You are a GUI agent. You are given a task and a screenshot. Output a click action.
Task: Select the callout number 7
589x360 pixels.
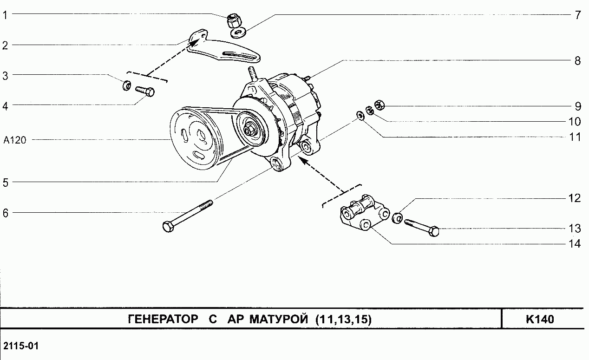(x=577, y=15)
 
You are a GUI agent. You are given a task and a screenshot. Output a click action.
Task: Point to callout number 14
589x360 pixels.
(x=575, y=244)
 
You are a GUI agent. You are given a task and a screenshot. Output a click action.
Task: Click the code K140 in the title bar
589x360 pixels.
(x=540, y=320)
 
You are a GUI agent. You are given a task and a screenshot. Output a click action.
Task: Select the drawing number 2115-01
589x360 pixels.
(x=21, y=347)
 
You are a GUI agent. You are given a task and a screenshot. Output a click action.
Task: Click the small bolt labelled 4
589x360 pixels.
(x=144, y=91)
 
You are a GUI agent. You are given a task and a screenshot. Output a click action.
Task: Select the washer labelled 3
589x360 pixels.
(x=126, y=86)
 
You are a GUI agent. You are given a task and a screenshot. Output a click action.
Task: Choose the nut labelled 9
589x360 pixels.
(x=379, y=105)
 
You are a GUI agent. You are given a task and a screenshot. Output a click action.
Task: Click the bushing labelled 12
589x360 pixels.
(x=398, y=217)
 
